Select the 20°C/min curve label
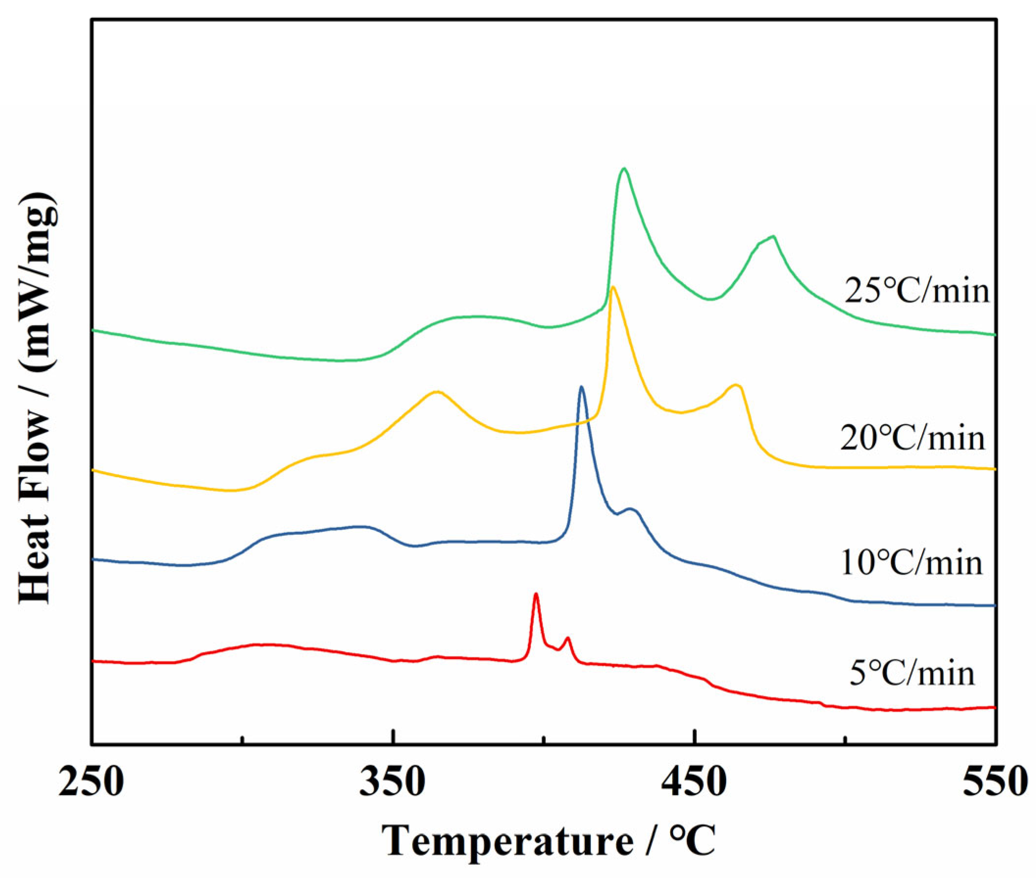coord(912,438)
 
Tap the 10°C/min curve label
coord(911,562)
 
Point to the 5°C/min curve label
coord(911,674)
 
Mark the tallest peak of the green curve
coord(624,169)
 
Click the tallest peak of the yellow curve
coord(613,287)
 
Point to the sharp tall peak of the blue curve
coord(581,387)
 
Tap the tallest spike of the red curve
coord(536,594)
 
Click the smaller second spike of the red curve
coord(568,638)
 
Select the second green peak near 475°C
coord(773,236)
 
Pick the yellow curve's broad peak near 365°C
coord(436,392)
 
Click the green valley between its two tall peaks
coord(711,299)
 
